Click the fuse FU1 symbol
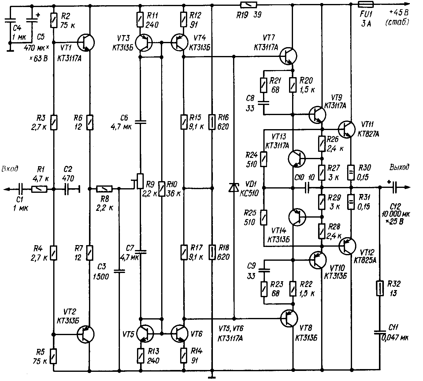(365, 4)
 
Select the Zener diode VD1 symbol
(234, 188)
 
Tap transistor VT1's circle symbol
(86, 43)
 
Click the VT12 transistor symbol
(347, 246)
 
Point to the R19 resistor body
(249, 5)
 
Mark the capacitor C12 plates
(395, 187)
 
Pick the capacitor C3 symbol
(119, 271)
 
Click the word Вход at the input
(10, 169)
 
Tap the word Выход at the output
(399, 167)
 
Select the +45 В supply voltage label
(399, 13)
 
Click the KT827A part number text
(368, 134)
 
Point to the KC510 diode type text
(249, 193)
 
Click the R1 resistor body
(39, 189)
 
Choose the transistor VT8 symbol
(289, 319)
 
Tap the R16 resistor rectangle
(212, 122)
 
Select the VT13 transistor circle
(297, 159)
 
